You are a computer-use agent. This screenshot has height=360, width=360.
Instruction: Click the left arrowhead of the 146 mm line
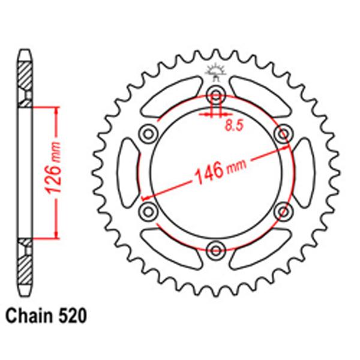(144, 196)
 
